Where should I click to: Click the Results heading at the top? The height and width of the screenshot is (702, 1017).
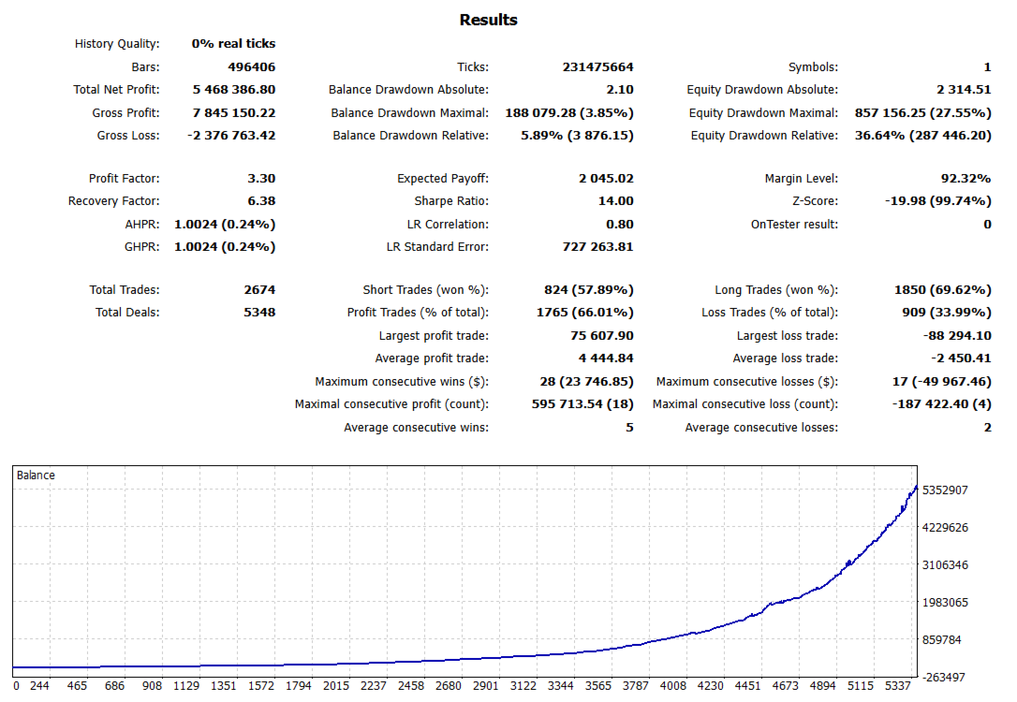(488, 20)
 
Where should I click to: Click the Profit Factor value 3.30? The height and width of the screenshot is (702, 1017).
(259, 179)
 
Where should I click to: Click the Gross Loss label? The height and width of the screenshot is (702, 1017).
(128, 136)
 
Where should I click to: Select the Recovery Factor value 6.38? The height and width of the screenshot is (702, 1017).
(259, 201)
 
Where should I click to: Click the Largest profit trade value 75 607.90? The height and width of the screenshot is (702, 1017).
(596, 336)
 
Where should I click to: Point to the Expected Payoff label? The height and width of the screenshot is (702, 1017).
(443, 179)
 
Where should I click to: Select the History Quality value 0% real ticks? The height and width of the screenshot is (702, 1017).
(233, 44)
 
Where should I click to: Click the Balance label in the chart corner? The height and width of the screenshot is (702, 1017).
(37, 475)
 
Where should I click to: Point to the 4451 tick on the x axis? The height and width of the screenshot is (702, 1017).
(747, 686)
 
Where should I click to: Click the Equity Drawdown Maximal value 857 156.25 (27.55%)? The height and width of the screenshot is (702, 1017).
(923, 113)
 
